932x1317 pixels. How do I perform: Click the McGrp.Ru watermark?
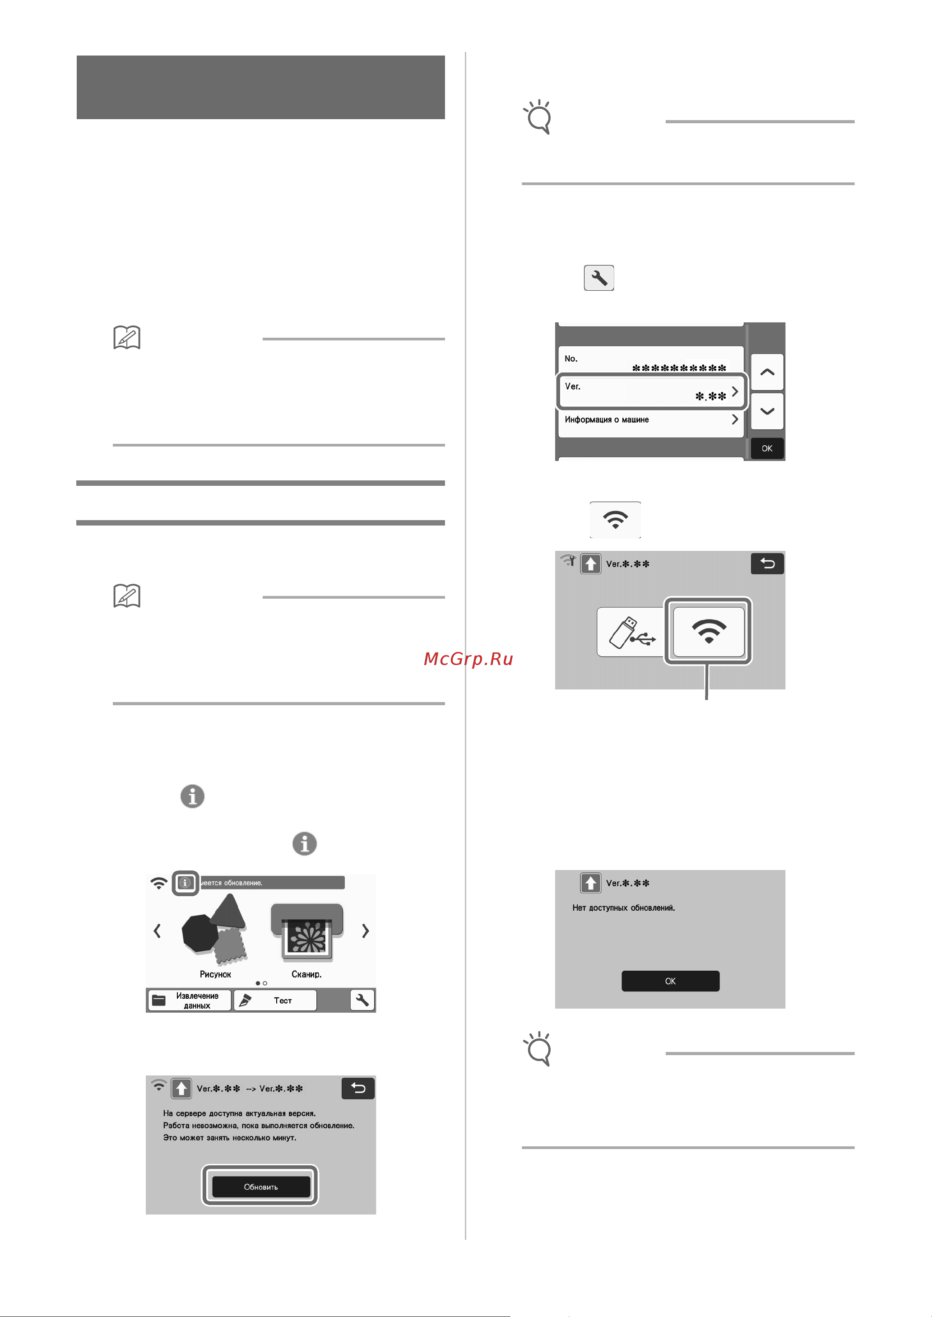pos(468,659)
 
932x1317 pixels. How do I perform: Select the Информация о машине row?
pos(651,420)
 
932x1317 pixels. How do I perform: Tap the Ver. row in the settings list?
pos(651,391)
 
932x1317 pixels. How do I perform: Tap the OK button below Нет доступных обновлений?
pos(670,981)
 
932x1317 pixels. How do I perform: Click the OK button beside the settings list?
pos(767,448)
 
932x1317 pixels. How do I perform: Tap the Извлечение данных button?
pos(190,1001)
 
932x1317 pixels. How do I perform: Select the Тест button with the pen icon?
pos(275,1001)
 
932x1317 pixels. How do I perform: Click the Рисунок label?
pos(215,974)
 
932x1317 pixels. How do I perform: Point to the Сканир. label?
pos(306,974)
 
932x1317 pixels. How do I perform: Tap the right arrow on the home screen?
pos(365,931)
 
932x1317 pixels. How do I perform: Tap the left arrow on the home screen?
pos(157,931)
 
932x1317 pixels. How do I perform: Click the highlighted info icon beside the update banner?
pos(185,883)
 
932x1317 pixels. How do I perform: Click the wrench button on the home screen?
pos(362,1000)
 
